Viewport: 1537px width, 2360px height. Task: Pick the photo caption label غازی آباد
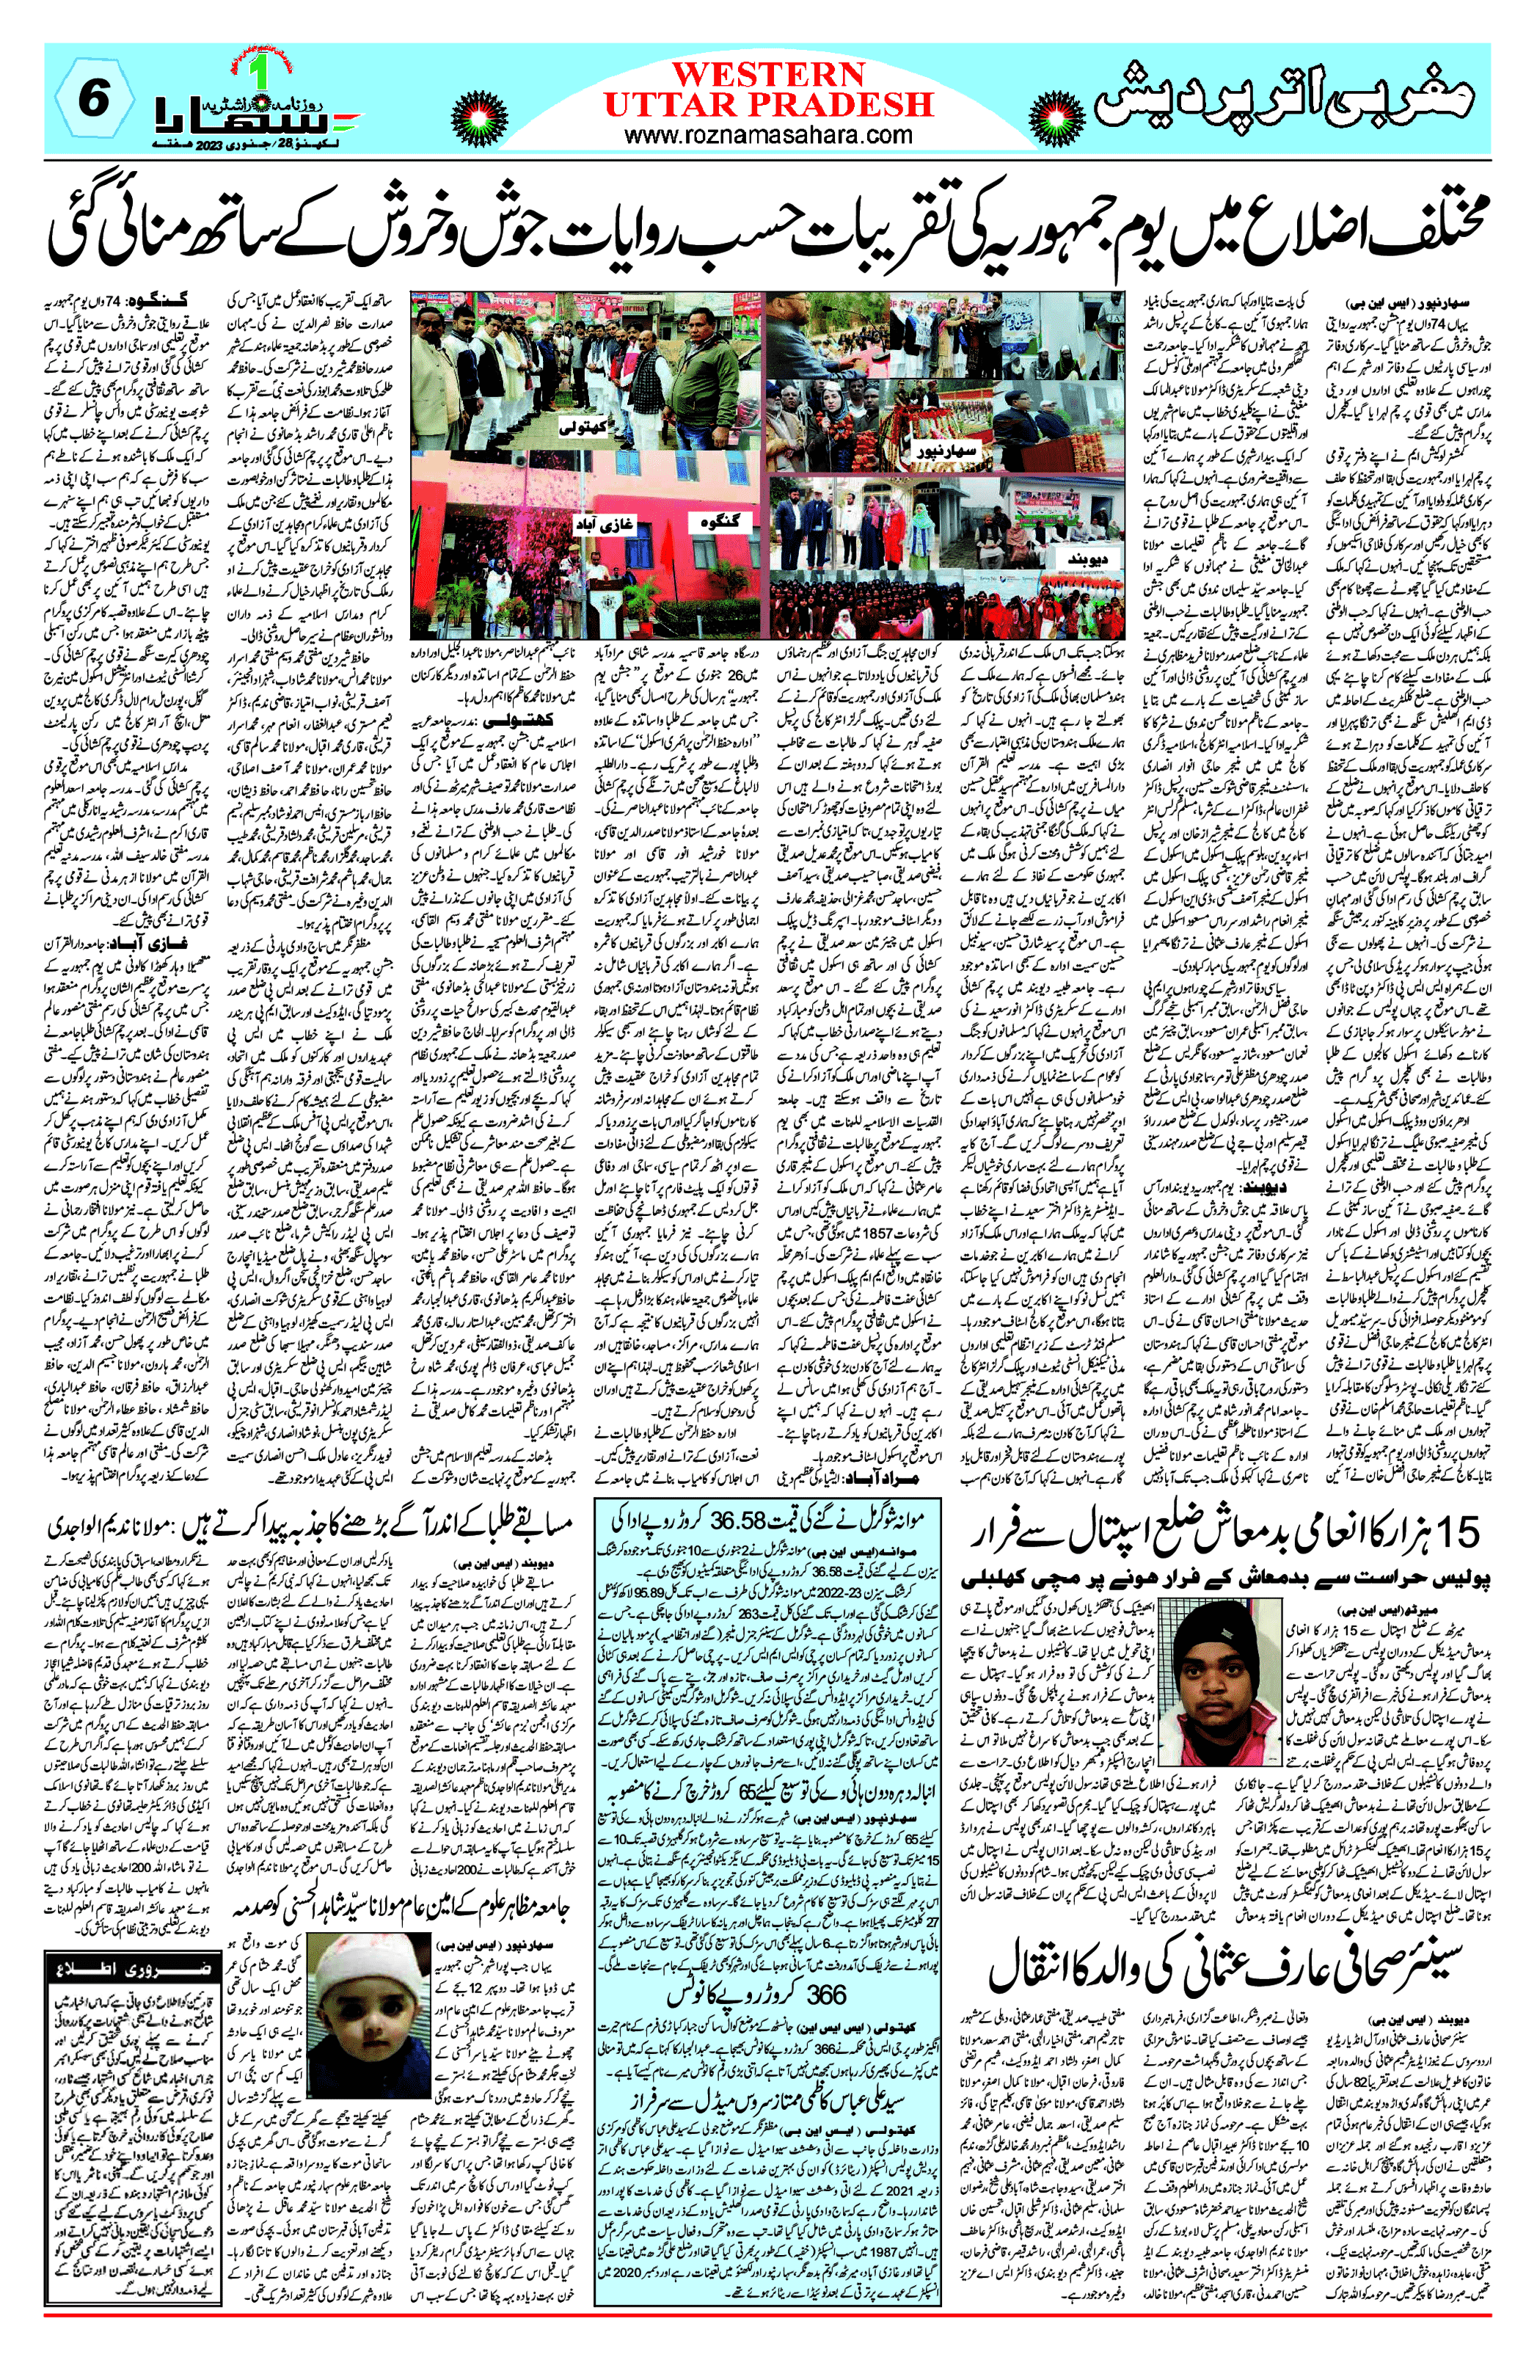[x=607, y=523]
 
